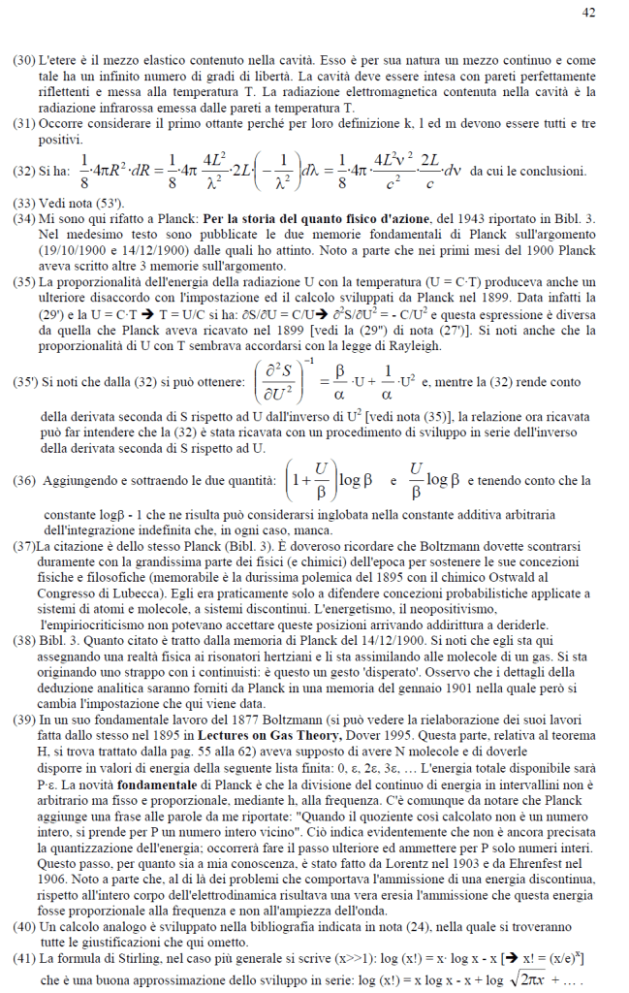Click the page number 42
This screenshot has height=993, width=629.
[588, 12]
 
